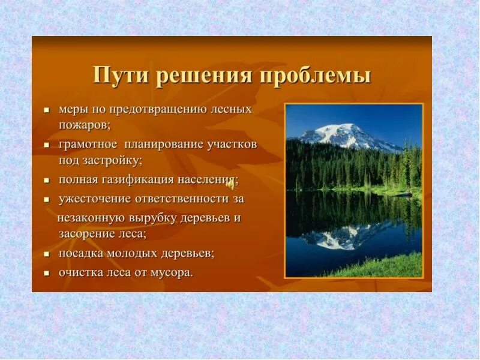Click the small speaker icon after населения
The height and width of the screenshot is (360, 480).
click(x=230, y=184)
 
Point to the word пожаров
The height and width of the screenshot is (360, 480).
click(x=84, y=126)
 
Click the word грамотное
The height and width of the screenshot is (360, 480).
click(x=88, y=145)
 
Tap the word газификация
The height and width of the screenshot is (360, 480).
click(x=137, y=180)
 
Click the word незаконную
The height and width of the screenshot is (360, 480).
click(x=91, y=218)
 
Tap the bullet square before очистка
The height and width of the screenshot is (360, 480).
click(x=47, y=273)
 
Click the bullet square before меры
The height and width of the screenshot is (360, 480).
click(x=47, y=110)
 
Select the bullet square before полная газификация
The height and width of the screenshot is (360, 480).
click(x=47, y=181)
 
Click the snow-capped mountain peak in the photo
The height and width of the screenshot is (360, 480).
click(x=343, y=131)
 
